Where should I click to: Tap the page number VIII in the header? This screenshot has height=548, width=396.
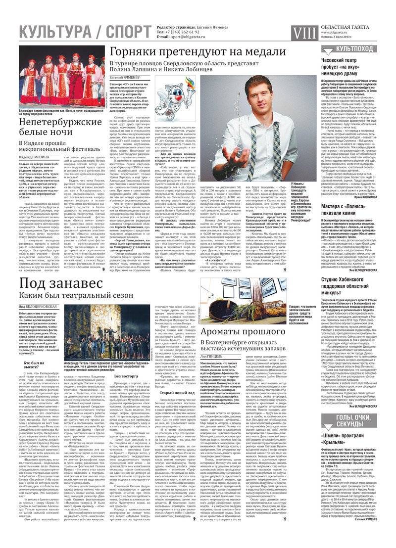(303, 32)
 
